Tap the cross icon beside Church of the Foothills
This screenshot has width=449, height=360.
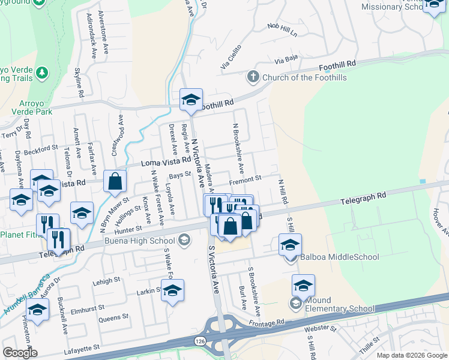253,77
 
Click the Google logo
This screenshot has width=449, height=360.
20,353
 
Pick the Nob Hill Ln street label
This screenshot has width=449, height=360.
283,30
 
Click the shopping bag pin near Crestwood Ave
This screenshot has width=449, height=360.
115,181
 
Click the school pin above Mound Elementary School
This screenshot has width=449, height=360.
303,286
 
